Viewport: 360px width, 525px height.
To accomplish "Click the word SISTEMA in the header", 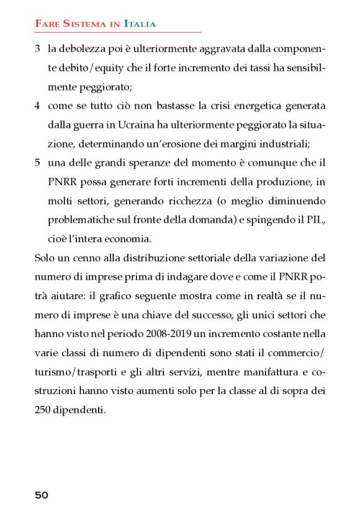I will [81, 24].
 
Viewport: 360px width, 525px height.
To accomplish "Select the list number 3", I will [37, 48].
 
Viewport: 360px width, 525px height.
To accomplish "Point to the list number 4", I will [37, 106].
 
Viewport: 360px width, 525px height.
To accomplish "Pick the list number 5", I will [37, 163].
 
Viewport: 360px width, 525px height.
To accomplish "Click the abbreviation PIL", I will [315, 221].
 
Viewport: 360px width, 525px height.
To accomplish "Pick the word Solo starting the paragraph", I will [44, 258].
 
